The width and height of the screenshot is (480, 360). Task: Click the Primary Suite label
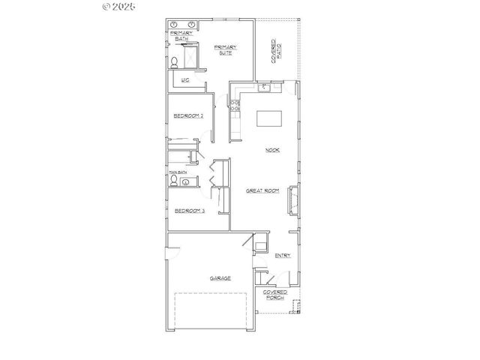point(223,49)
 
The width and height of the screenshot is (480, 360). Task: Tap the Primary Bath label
point(182,35)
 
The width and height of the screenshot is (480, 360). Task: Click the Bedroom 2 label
point(189,115)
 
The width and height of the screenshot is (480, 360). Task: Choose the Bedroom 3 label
point(189,211)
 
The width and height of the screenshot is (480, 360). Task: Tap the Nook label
point(272,150)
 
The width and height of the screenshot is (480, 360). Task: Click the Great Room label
point(262,191)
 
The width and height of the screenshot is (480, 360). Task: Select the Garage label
point(220,277)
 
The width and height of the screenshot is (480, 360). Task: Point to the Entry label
point(283,256)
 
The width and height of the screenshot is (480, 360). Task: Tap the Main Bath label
point(178,172)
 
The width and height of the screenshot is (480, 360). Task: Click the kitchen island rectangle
point(269,119)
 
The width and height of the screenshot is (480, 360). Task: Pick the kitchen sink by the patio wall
point(264,88)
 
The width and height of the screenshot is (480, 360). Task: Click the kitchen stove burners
point(235,106)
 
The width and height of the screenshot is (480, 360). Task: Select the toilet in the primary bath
point(174,62)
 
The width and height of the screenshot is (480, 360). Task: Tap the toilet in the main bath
point(174,181)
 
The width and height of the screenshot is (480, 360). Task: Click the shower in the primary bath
point(190,56)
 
